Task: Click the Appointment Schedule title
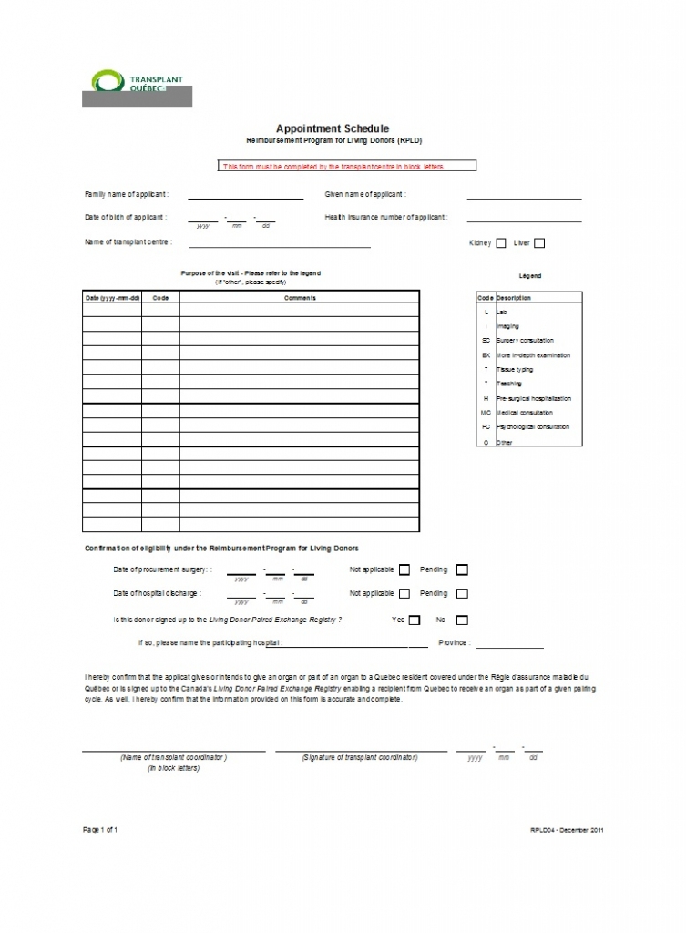coord(332,129)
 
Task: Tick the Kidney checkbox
coord(500,243)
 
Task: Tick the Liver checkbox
coord(539,243)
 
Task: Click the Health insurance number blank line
coord(524,220)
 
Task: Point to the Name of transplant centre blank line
coord(279,245)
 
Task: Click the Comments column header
coord(300,298)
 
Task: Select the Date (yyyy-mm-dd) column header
coord(112,298)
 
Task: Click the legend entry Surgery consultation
coord(525,341)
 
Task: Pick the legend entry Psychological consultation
coord(533,427)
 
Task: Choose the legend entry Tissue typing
coord(515,370)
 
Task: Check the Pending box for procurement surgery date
coord(462,570)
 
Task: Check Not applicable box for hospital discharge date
coord(404,594)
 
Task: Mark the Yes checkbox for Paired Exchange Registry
coord(415,620)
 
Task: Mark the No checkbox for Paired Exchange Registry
coord(462,620)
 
